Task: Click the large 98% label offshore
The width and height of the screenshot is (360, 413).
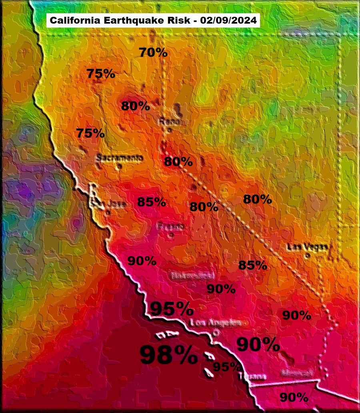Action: pos(168,354)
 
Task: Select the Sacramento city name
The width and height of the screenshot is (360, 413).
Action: pos(119,158)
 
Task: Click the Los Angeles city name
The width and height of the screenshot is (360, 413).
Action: pos(216,323)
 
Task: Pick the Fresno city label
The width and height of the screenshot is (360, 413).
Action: pos(171,227)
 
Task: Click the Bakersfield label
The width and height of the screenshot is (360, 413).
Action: pos(193,276)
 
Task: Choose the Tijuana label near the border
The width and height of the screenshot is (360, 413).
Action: pos(252,377)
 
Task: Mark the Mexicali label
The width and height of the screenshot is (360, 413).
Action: pos(296,373)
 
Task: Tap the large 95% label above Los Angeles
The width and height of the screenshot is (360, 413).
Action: pos(172,309)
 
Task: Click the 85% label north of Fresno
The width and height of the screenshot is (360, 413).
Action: pos(151,202)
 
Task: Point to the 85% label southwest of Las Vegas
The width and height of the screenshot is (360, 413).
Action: pos(252,265)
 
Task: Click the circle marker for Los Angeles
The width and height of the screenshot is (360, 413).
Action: pos(216,332)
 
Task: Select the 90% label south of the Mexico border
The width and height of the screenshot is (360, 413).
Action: pos(294,397)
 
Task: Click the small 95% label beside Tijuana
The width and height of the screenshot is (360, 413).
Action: pos(226,367)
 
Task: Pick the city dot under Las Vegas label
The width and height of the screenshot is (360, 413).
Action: pos(307,255)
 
